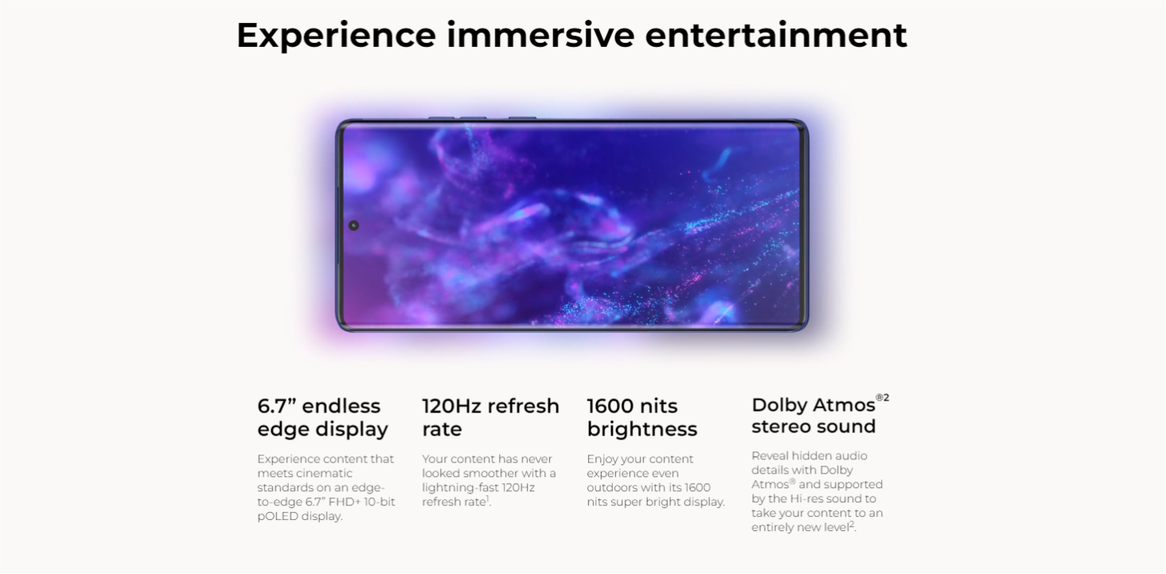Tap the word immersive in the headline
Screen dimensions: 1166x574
tap(540, 35)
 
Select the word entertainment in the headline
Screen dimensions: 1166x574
tap(776, 35)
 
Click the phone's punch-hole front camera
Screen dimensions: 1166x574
tap(353, 225)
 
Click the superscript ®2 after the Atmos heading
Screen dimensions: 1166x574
tap(883, 398)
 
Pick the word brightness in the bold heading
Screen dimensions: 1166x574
tap(641, 429)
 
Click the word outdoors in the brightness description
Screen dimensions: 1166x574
tap(609, 487)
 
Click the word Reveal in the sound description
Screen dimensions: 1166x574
tap(769, 455)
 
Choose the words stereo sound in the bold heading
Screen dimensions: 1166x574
tap(813, 427)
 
